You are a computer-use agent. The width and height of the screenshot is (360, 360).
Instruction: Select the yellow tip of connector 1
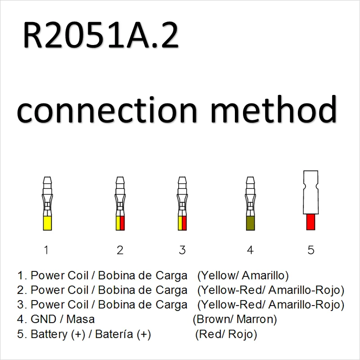[48, 223]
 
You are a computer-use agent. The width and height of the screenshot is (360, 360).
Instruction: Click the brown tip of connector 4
[251, 223]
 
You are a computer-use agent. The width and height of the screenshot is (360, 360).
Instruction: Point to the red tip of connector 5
[310, 221]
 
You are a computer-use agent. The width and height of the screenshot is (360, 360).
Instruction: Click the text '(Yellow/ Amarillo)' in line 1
[243, 275]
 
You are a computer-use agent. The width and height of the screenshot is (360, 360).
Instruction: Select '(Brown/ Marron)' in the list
[234, 319]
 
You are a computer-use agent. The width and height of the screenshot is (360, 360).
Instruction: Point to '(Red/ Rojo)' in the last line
[226, 334]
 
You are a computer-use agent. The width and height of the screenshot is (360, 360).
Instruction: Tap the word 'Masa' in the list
[81, 319]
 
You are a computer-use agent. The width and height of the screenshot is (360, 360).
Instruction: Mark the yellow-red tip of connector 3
[182, 223]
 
